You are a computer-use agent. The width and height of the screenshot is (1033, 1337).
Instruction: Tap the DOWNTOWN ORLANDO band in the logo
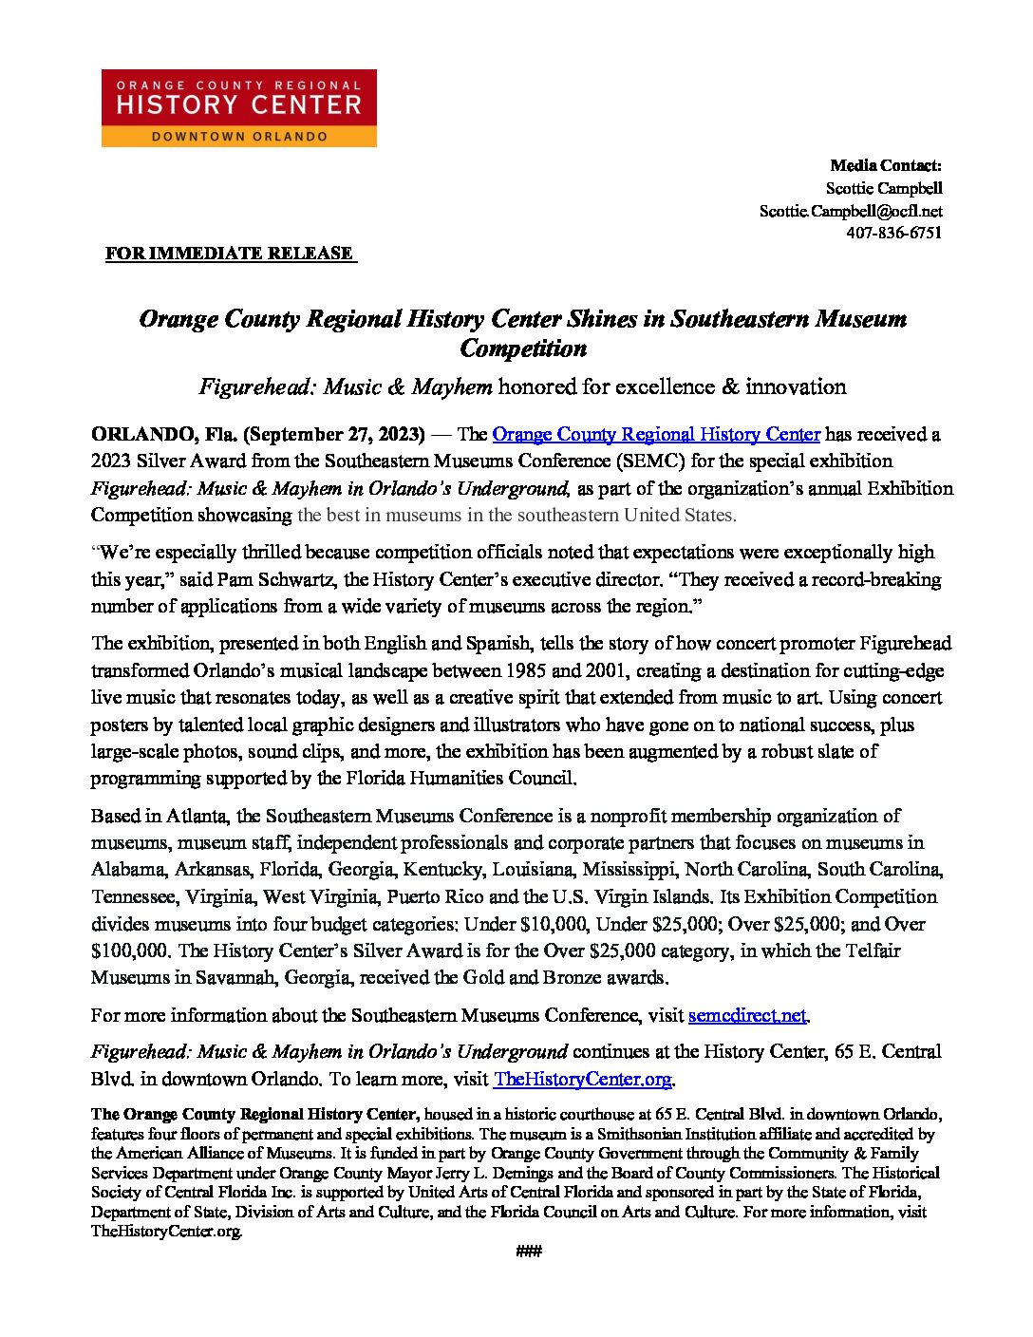click(238, 137)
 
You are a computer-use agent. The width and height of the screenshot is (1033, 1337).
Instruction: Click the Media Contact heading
click(885, 165)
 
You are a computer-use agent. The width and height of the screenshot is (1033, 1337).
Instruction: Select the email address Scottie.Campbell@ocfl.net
click(850, 211)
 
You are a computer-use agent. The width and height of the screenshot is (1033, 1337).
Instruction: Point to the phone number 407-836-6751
click(893, 233)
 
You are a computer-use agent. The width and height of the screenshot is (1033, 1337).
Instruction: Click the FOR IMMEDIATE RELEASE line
click(229, 254)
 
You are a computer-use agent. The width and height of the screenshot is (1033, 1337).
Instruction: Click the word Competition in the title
click(523, 348)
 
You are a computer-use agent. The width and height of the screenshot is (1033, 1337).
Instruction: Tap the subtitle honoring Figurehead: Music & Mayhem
click(521, 386)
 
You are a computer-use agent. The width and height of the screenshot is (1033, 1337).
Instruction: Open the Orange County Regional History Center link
click(656, 434)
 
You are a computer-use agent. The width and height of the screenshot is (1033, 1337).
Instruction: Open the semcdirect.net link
click(747, 1015)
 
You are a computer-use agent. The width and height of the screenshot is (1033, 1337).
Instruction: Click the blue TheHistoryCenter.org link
click(582, 1079)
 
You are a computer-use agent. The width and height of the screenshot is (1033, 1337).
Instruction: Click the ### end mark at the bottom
click(528, 1252)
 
